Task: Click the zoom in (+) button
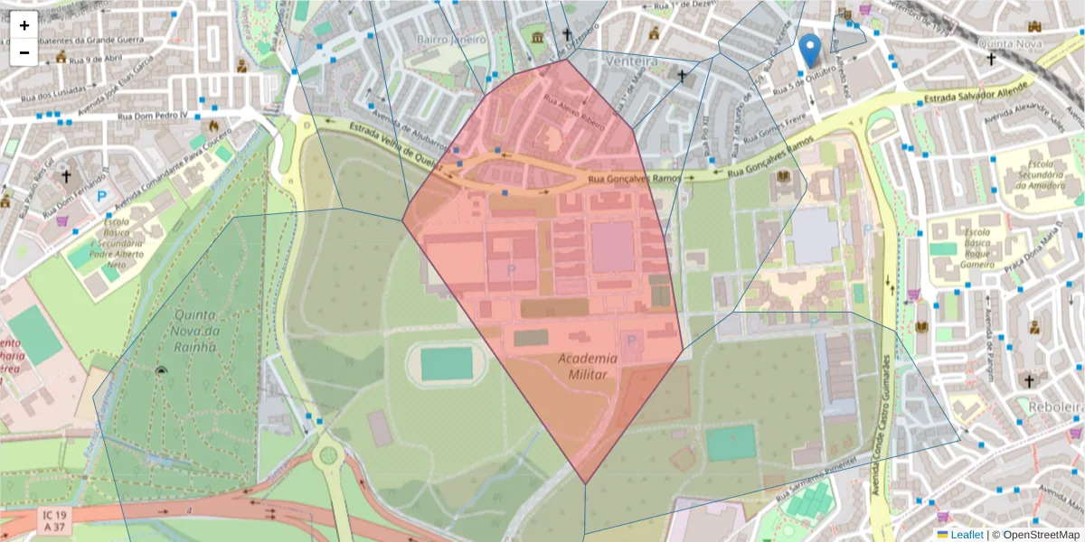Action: pos(24,25)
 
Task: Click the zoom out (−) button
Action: pos(24,52)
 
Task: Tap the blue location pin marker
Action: pos(810,51)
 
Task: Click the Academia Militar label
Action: pos(587,365)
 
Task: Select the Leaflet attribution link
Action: pos(967,535)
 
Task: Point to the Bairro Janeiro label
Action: pos(452,40)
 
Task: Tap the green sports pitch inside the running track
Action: pos(447,364)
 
